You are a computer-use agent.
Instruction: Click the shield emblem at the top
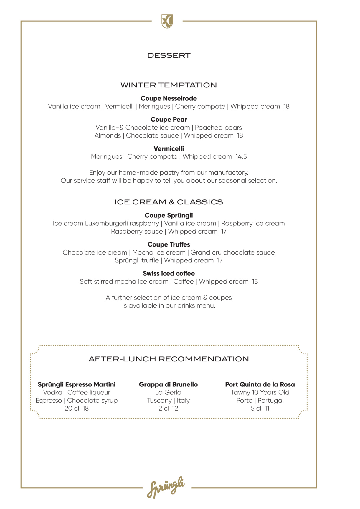click(167, 22)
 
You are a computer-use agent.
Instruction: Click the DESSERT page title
click(169, 55)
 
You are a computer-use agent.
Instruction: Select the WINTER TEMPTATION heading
click(169, 85)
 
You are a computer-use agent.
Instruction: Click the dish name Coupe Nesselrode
click(169, 98)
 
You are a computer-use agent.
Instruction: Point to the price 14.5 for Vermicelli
click(241, 157)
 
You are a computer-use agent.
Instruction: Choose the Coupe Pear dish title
click(169, 120)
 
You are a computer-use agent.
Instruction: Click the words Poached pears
click(218, 128)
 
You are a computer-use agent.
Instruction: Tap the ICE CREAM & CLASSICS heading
click(169, 202)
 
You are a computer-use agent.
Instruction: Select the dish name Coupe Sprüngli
click(169, 215)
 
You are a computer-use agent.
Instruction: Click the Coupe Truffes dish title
click(169, 244)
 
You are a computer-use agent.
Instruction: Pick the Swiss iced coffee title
click(169, 273)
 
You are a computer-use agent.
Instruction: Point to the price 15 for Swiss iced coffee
click(255, 282)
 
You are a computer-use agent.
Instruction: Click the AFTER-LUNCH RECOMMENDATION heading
click(169, 359)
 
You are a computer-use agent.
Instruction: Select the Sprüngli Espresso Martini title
click(77, 384)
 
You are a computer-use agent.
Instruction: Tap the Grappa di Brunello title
click(168, 384)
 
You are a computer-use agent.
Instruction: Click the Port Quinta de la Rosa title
click(260, 384)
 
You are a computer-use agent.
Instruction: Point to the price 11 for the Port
click(267, 409)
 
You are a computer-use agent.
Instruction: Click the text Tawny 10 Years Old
click(260, 392)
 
